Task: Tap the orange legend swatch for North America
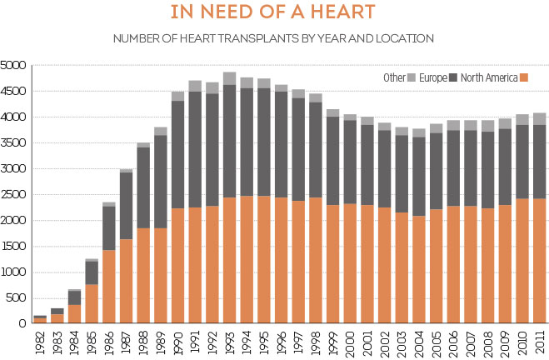(x=524, y=78)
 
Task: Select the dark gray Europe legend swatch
(x=453, y=78)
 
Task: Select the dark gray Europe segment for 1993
(x=229, y=142)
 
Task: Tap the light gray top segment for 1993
(x=229, y=78)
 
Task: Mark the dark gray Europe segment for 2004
(x=418, y=176)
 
